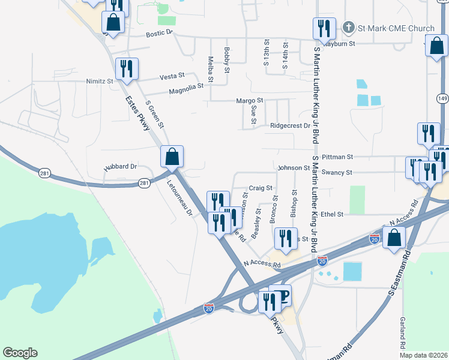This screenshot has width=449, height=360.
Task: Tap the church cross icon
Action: [348, 28]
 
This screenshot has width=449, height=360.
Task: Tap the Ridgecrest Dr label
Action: [290, 126]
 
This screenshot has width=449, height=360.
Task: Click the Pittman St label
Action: [337, 157]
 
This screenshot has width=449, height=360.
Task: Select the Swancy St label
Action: [336, 172]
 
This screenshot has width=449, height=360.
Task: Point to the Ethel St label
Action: [332, 214]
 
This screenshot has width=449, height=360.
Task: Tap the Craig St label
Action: [261, 188]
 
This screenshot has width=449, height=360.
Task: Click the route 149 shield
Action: [442, 98]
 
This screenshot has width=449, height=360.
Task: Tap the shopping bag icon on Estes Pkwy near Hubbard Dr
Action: [172, 157]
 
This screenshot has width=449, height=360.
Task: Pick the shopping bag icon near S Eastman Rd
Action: [393, 238]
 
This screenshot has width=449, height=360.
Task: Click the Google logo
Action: [20, 353]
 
